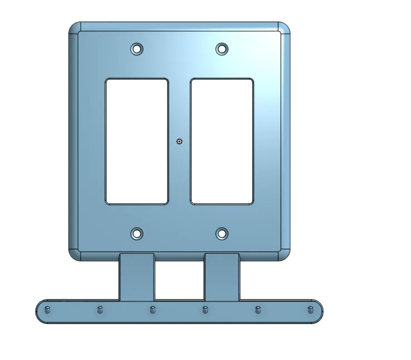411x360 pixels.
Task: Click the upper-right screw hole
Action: (222, 49)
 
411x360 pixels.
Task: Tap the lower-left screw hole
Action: (137, 234)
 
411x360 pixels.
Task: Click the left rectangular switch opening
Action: (136, 141)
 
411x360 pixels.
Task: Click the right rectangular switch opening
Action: (222, 141)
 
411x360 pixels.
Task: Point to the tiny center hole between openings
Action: (179, 142)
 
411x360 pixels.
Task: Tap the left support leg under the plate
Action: (136, 277)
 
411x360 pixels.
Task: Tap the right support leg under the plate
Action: (222, 277)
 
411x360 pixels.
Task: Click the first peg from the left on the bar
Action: (47, 310)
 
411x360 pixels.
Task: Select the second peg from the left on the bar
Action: (100, 310)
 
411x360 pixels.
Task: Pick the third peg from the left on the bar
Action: (153, 310)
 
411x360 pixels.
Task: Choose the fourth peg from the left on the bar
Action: (205, 310)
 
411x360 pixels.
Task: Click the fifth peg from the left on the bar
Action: (258, 310)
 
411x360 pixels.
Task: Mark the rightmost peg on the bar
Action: (310, 310)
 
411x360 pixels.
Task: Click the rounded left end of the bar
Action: (40, 310)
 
